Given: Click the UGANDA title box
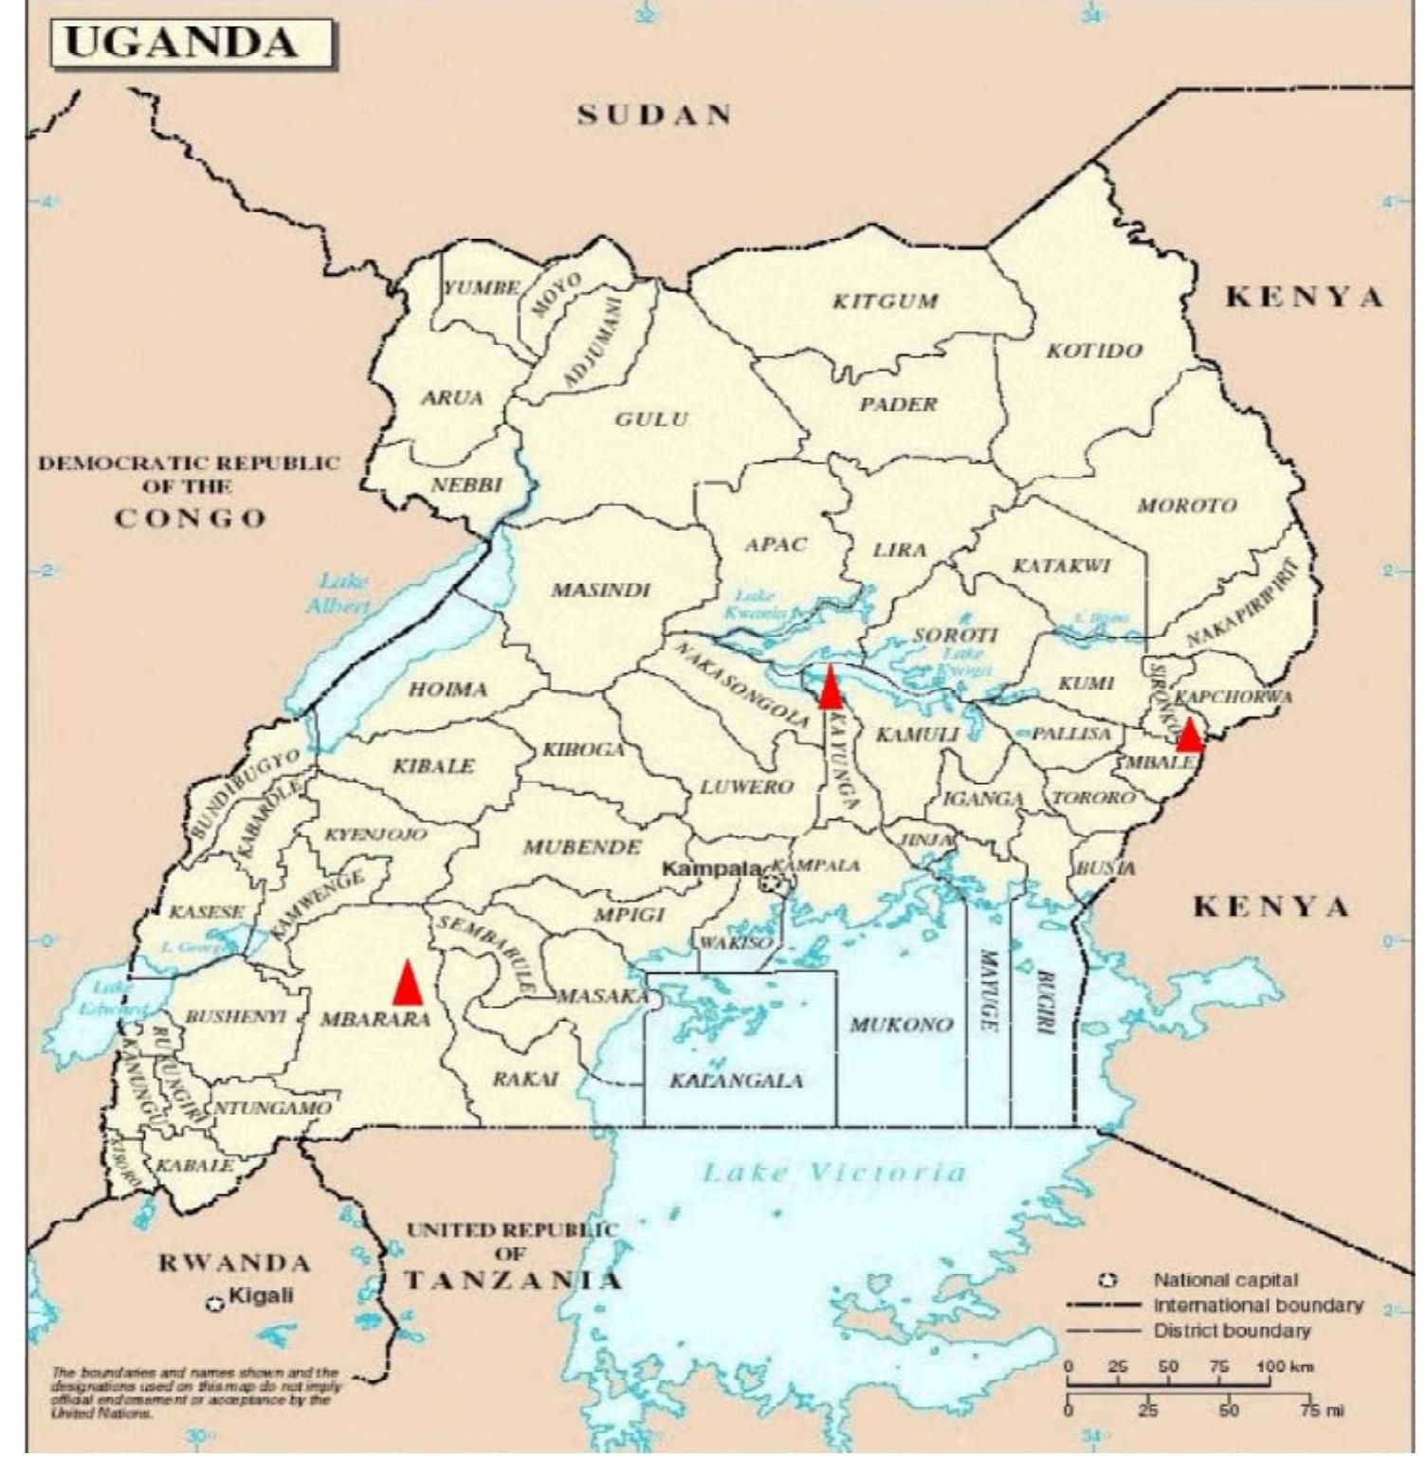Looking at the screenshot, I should click(192, 45).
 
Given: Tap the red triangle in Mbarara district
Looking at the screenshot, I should click(408, 984).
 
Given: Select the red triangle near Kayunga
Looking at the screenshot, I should click(830, 688).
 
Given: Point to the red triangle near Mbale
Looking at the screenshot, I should click(1189, 735).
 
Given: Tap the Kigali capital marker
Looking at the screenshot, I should click(216, 1304).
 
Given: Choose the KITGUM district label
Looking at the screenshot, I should click(885, 301).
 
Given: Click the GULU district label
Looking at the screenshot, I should click(651, 419).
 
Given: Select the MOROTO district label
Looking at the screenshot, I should click(1187, 505).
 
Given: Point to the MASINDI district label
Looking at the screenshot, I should click(601, 590).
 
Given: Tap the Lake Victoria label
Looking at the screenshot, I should click(833, 1173).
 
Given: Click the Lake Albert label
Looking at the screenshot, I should click(339, 592).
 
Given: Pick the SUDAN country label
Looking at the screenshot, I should click(654, 115).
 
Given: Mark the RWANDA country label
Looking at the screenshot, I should click(233, 1263).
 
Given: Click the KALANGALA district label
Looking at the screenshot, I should click(737, 1080).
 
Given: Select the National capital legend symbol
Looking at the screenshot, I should click(1106, 1281).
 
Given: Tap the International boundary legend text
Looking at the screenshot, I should click(1257, 1305).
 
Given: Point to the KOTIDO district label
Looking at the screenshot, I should click(1094, 351).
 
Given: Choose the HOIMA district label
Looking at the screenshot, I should click(448, 689).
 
